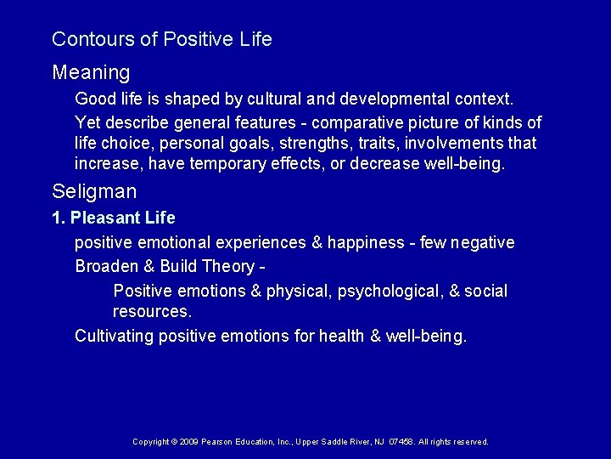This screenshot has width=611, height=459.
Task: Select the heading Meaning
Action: click(91, 71)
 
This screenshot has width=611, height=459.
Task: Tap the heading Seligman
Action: click(94, 191)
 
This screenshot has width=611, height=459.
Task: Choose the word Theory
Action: click(225, 267)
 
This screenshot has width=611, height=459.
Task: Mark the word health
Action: click(342, 336)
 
